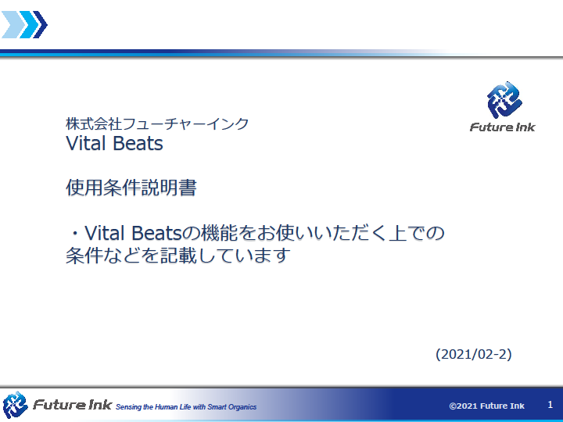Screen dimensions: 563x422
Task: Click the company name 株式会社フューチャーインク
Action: coord(157,123)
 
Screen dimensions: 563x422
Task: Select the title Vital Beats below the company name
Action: coord(114,143)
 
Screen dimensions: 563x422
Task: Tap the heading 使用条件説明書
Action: coord(131,188)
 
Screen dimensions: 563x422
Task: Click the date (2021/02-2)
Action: coord(474,354)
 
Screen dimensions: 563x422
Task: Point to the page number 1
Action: coord(550,405)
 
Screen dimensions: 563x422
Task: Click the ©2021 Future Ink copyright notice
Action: coord(486,406)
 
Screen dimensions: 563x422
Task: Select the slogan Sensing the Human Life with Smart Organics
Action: coord(186,407)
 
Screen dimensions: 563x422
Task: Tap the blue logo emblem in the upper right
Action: coord(504,100)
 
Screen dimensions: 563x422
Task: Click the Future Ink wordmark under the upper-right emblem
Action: coord(502,127)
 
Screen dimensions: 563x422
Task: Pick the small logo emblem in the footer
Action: coord(15,405)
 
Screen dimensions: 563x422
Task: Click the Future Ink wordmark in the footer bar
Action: coord(72,405)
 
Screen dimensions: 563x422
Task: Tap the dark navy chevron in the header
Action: coord(40,24)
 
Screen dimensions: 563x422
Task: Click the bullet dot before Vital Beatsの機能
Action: coord(75,234)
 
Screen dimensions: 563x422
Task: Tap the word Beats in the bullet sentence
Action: coord(157,233)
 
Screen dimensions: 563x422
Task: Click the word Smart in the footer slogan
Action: coord(217,407)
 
